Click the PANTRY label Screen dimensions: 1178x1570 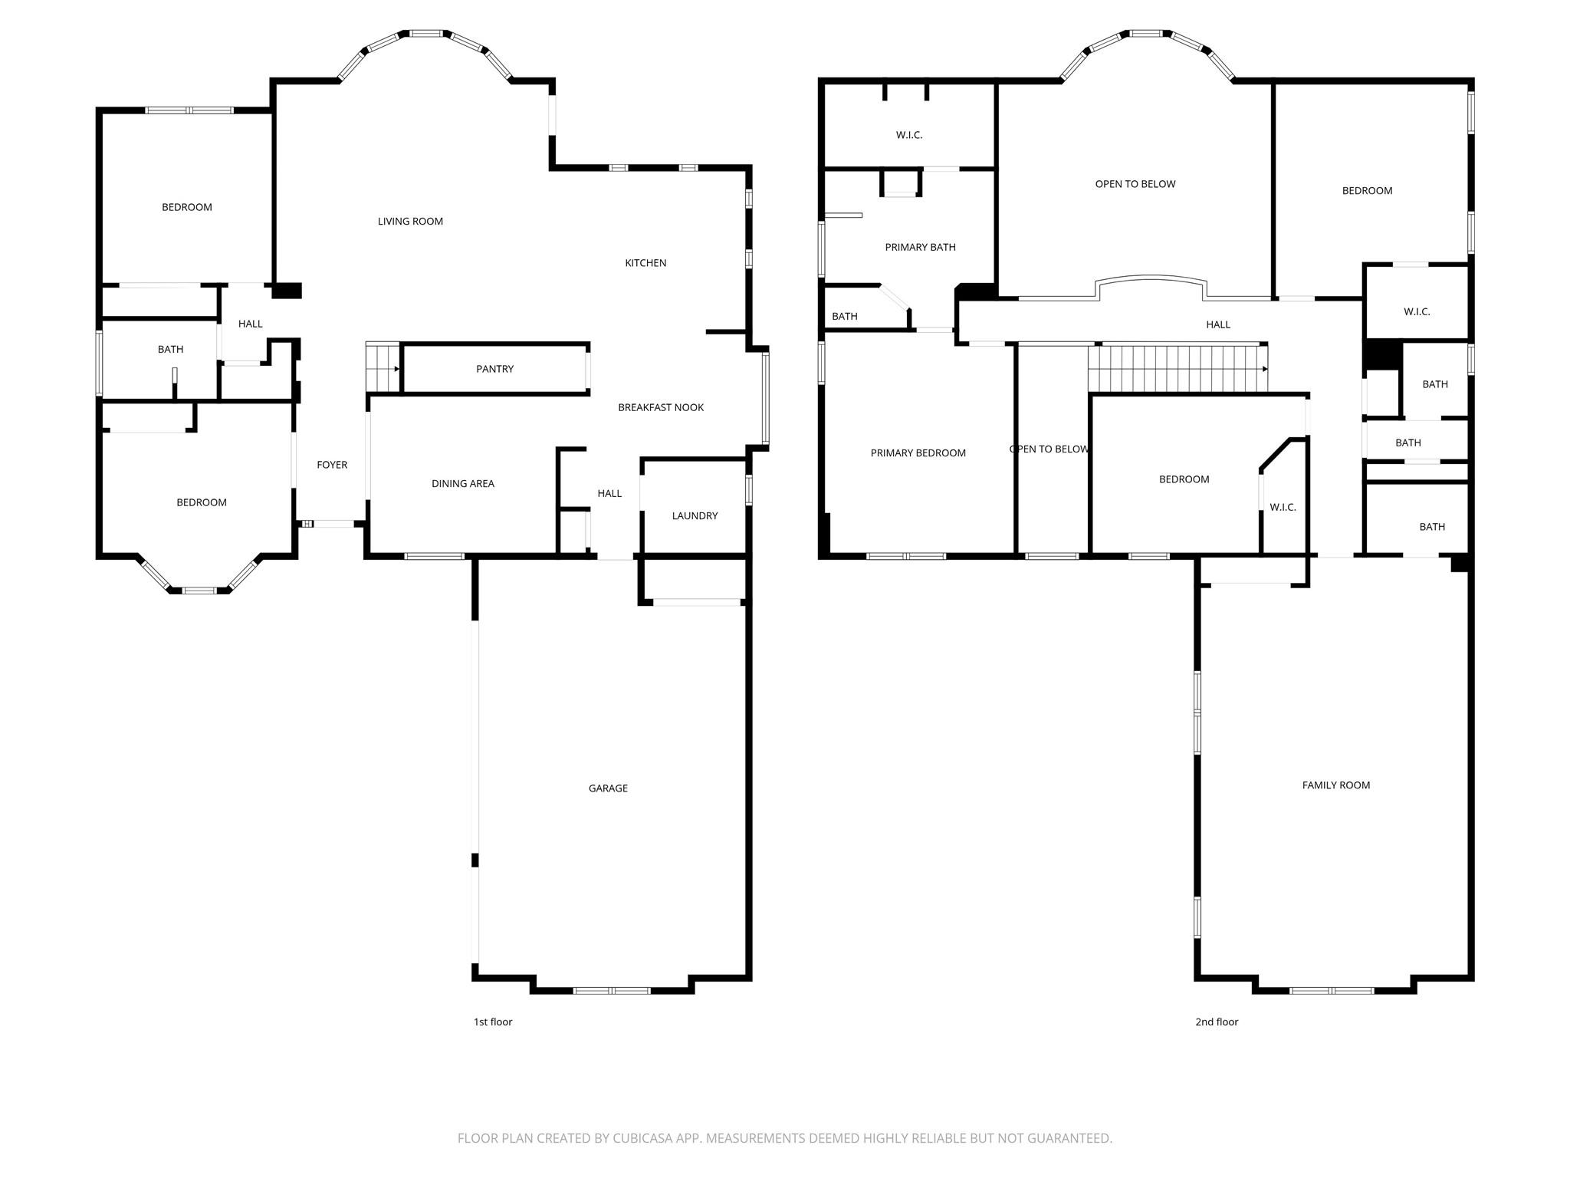point(494,369)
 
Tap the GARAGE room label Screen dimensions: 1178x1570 point(608,788)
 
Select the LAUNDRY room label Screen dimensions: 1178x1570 point(695,515)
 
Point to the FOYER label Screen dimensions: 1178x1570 point(332,465)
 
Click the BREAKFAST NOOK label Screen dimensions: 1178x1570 point(661,407)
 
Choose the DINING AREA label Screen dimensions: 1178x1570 point(462,483)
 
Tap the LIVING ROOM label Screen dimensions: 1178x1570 point(410,222)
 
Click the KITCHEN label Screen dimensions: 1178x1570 point(645,263)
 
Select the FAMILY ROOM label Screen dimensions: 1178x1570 point(1335,785)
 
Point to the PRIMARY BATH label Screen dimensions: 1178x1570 point(920,247)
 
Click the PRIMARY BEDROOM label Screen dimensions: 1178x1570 point(918,453)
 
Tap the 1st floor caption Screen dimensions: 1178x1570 point(492,1022)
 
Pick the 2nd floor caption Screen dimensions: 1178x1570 point(1217,1022)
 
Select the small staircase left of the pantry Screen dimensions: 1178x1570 point(383,368)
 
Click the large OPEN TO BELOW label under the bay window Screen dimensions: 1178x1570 point(1135,184)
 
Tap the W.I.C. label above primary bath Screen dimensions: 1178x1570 point(908,135)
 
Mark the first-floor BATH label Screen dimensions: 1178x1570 point(170,350)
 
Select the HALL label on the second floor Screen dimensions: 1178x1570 point(1217,324)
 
